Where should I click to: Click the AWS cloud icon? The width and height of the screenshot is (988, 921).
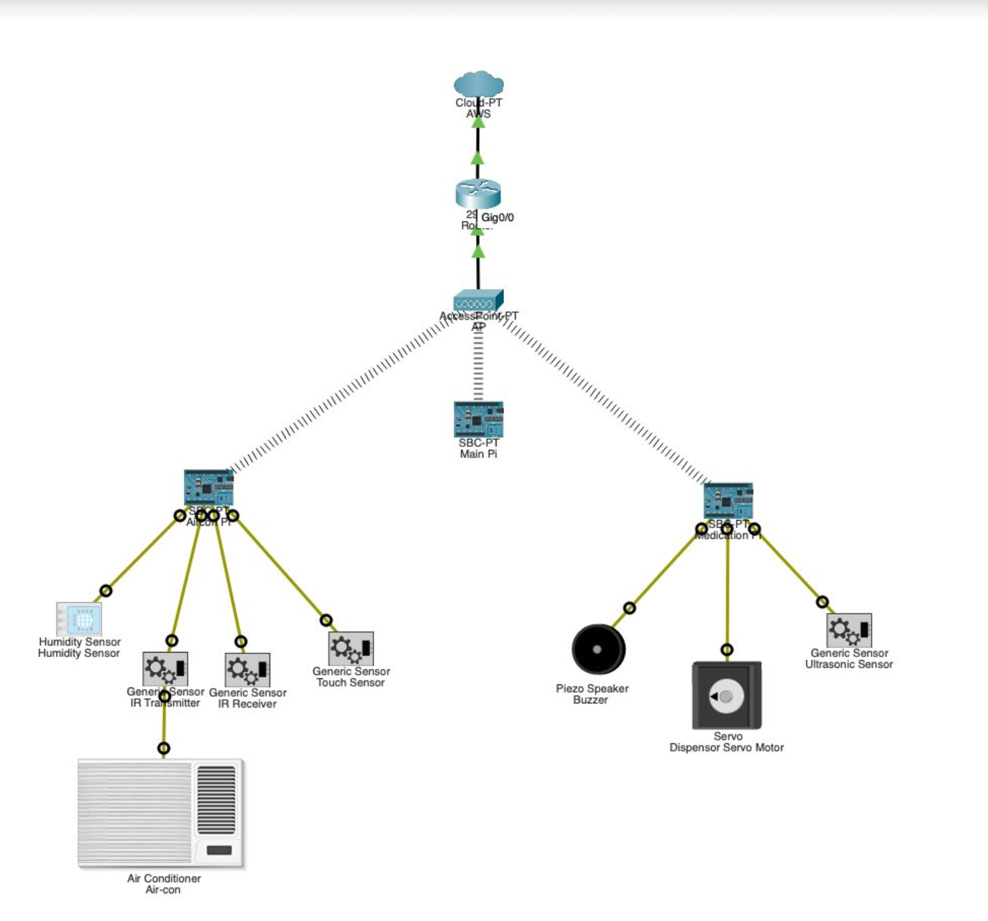pos(478,84)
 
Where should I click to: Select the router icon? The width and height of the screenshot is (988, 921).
pos(478,193)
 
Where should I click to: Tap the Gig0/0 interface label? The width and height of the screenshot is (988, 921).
pos(498,218)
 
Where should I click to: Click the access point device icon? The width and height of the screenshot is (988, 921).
pos(478,300)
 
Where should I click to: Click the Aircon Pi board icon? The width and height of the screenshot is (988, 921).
pos(209,487)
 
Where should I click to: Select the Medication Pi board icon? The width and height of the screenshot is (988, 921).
pos(728,500)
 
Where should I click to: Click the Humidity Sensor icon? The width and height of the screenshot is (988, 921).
pos(79,619)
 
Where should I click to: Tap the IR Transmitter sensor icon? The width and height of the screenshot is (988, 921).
pos(165,669)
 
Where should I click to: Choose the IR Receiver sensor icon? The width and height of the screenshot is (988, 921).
pos(248,669)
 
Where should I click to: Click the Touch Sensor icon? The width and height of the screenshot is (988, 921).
pos(351,648)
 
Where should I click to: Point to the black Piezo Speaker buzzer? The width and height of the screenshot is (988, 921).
pos(598,649)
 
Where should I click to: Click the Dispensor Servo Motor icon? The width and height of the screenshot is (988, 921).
pos(727,695)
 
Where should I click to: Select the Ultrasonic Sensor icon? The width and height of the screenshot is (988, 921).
pos(849,630)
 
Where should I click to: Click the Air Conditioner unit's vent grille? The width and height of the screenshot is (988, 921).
pos(216,800)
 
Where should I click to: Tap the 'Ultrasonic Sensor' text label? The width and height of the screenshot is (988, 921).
pos(849,664)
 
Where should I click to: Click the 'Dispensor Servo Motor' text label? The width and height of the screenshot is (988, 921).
pos(726,748)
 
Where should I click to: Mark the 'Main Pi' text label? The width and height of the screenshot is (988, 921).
pos(478,454)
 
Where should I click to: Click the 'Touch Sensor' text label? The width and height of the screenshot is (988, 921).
pos(350,683)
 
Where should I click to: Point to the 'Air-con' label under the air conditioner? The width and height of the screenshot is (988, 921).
pos(163,890)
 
